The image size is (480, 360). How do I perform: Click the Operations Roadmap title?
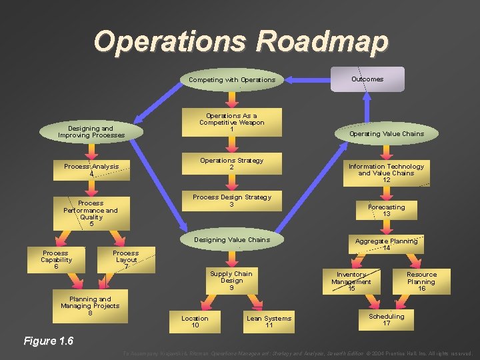click(x=240, y=41)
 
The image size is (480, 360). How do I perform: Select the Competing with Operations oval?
click(x=231, y=80)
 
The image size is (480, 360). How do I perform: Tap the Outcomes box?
click(x=367, y=79)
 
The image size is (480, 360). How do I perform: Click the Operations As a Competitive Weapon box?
click(x=231, y=122)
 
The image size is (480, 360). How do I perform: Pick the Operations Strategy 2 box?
click(x=231, y=164)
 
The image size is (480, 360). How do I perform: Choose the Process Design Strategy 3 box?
click(x=231, y=201)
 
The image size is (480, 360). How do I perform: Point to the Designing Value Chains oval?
click(x=231, y=240)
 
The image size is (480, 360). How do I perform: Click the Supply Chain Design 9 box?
click(x=231, y=281)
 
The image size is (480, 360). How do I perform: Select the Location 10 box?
click(x=195, y=321)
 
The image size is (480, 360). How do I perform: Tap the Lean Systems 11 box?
click(x=269, y=321)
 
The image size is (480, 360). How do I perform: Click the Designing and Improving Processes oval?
click(x=91, y=132)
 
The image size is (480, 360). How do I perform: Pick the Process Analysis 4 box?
click(x=91, y=170)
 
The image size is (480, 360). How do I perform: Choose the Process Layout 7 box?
click(x=125, y=260)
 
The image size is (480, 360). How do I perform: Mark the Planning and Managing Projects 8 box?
click(x=90, y=306)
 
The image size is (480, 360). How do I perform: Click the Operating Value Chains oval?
click(x=386, y=134)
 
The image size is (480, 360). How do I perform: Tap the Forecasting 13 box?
click(x=386, y=211)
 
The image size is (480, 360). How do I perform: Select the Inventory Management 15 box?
click(x=351, y=281)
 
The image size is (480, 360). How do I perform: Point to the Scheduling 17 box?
click(x=386, y=320)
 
